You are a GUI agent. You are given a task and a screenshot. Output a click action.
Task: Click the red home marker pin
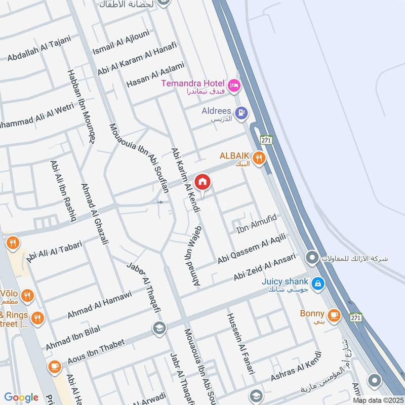click(x=202, y=182)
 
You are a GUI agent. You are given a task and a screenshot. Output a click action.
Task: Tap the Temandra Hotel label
click(x=193, y=83)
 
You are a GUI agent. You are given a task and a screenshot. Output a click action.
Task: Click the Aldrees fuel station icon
click(x=241, y=112)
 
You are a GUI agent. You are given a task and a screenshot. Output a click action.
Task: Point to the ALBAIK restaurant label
click(x=235, y=156)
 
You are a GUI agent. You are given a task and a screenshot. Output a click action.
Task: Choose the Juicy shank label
click(x=285, y=282)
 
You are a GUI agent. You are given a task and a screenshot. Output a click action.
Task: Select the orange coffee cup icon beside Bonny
click(x=334, y=315)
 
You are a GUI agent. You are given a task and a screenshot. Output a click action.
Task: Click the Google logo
click(x=21, y=397)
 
